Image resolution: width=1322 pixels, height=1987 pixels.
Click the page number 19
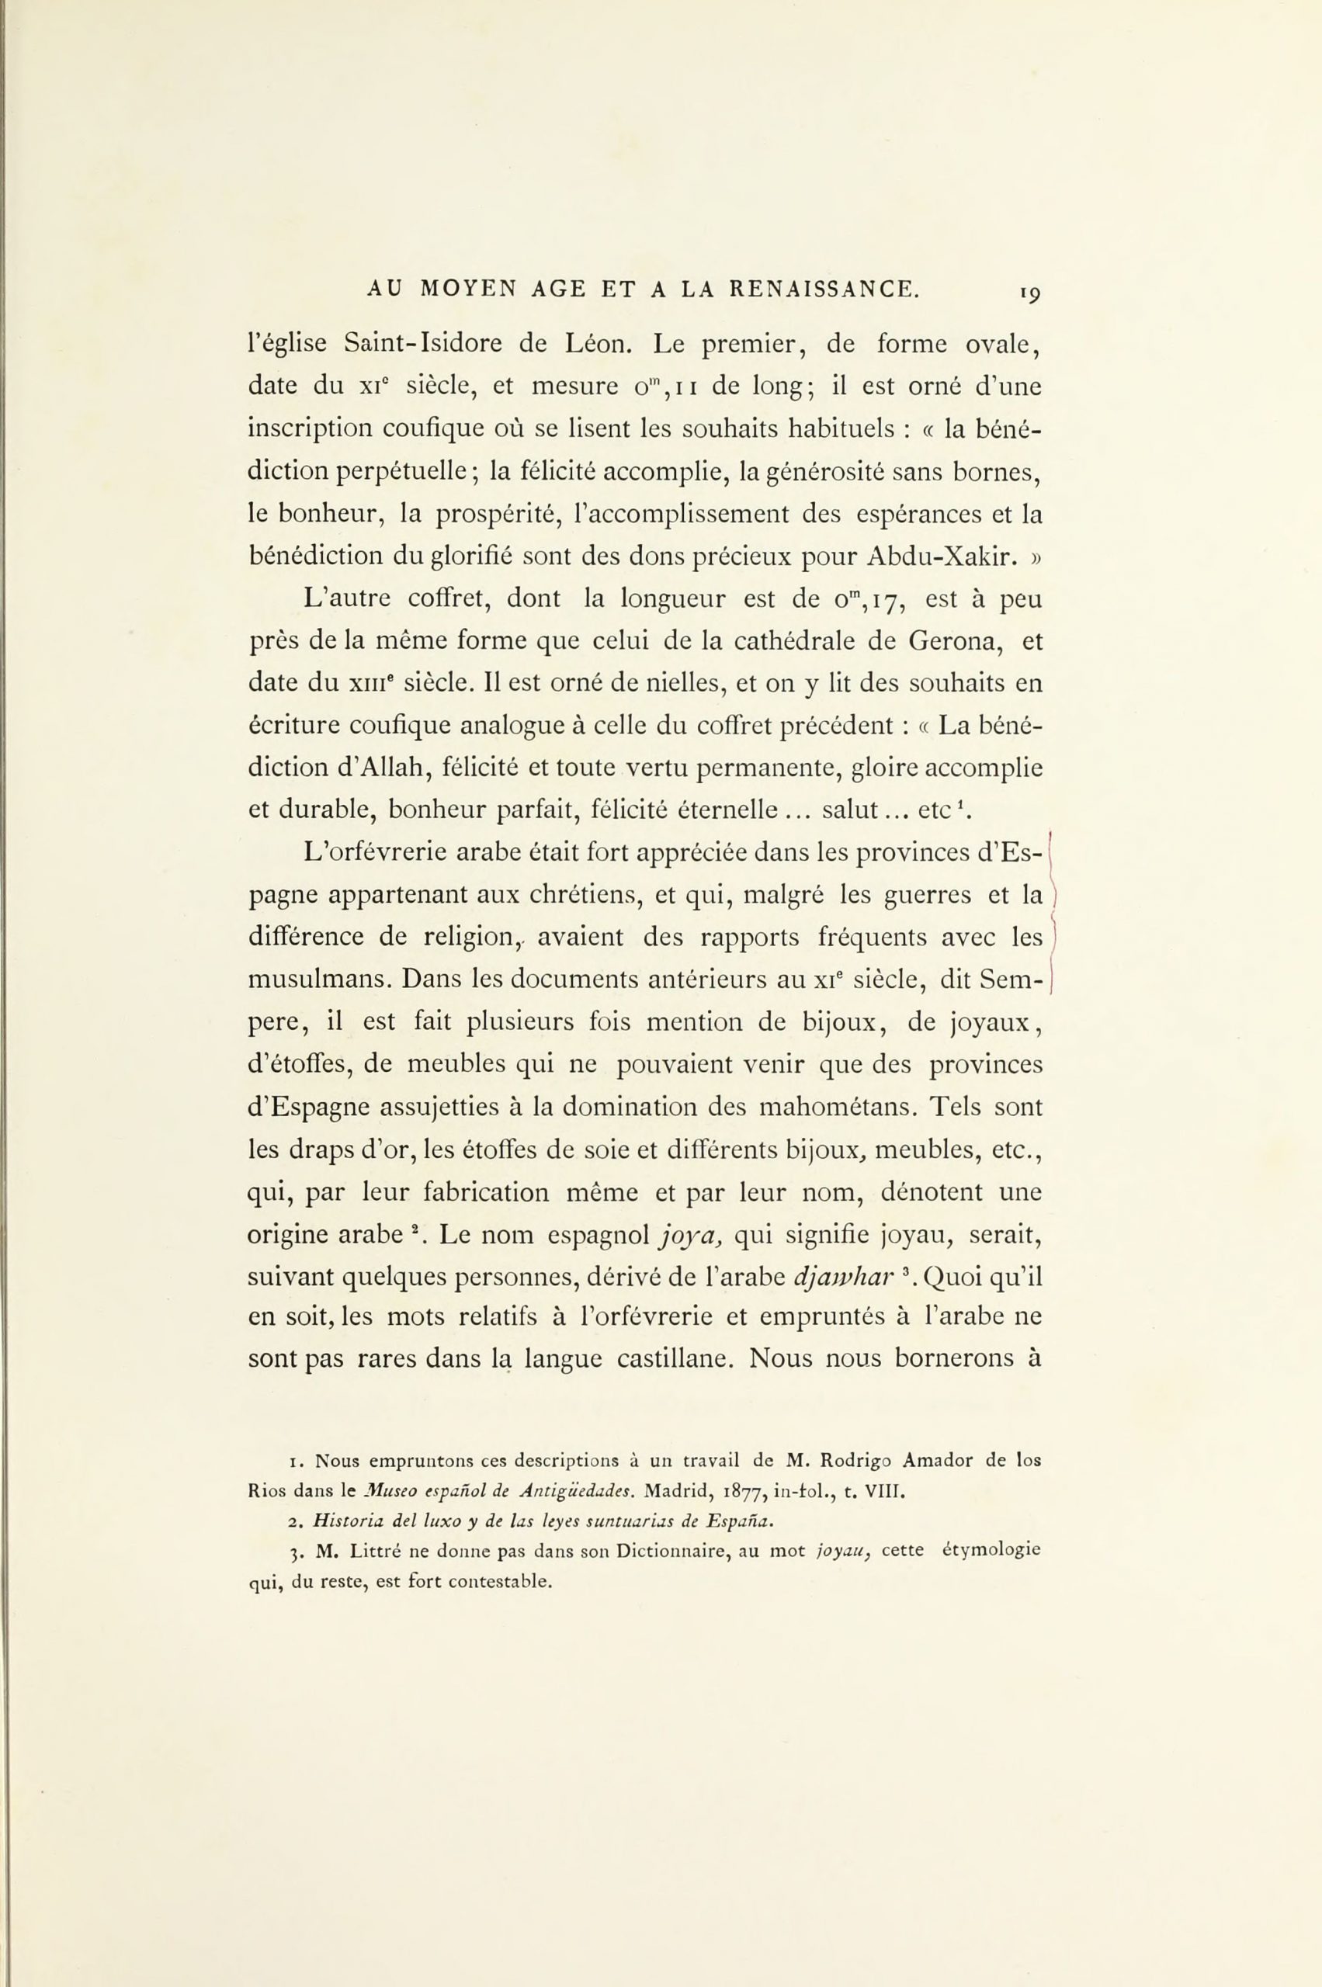point(1029,293)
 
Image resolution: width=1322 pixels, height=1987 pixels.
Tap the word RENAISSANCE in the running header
point(823,290)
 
